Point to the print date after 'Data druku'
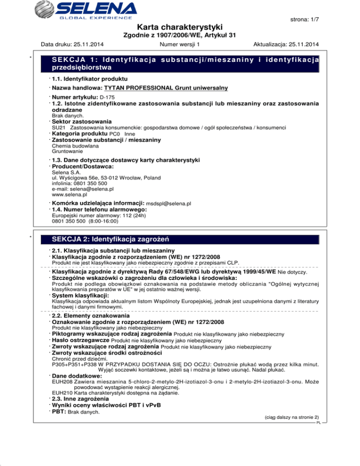pos(87,45)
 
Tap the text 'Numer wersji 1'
pos(180,45)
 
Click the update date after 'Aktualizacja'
pos(301,45)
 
